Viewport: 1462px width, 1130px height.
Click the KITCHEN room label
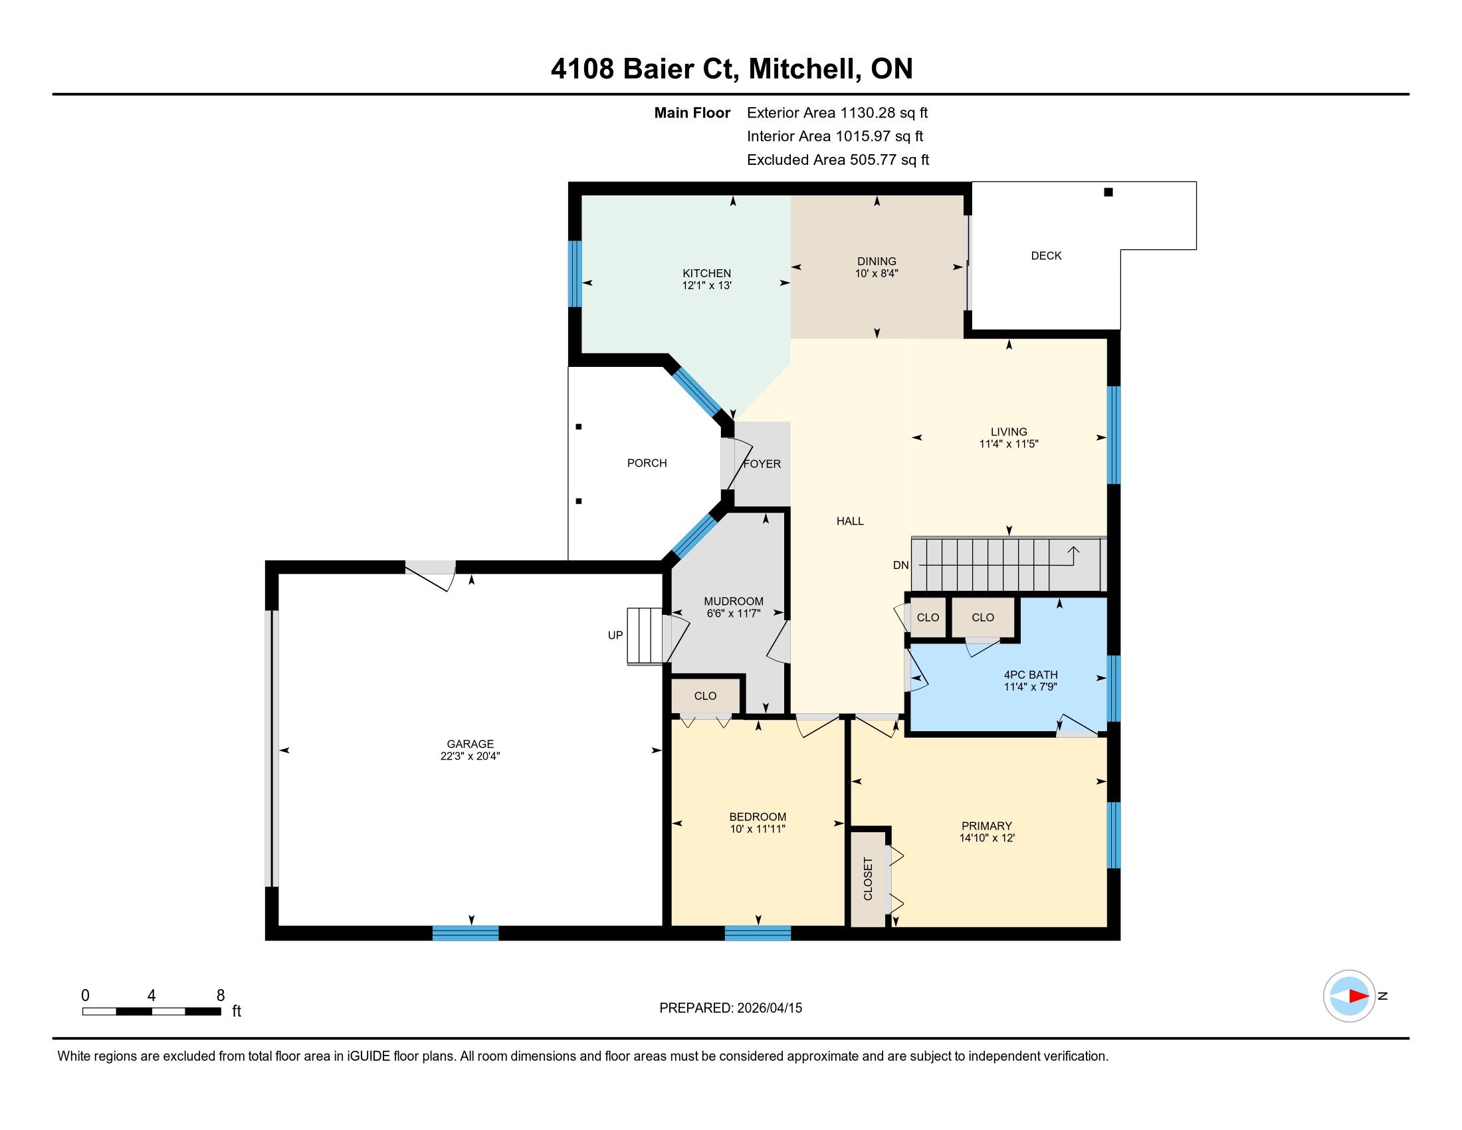coord(706,273)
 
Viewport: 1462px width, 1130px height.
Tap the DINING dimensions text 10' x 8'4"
coord(877,274)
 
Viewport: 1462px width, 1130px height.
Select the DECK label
coord(1046,256)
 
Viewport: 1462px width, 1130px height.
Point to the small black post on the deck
coord(1108,192)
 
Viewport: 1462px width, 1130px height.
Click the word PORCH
coord(647,463)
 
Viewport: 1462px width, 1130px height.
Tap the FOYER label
coord(762,464)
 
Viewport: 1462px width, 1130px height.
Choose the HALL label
coord(850,522)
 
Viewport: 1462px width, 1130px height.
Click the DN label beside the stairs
coord(901,565)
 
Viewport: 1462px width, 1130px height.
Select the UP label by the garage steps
coord(615,635)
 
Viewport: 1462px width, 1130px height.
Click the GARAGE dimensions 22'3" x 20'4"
coord(470,756)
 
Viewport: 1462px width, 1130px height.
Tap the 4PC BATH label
coord(1030,675)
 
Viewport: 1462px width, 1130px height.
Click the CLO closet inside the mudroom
coord(705,696)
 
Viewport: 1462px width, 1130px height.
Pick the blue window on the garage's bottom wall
coord(465,933)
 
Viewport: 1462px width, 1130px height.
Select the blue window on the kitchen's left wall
coord(574,274)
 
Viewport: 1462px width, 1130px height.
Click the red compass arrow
coord(1358,996)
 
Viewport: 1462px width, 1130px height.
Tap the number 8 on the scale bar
coord(220,996)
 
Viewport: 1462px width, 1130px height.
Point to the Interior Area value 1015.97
coord(863,136)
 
